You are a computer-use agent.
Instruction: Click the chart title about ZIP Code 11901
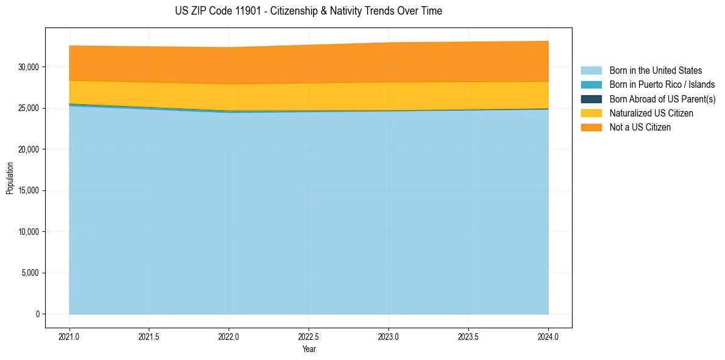tap(308, 11)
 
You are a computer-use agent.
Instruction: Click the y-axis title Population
tap(10, 178)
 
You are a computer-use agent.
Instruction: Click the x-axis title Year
tap(309, 350)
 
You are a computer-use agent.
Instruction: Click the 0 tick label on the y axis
tap(37, 314)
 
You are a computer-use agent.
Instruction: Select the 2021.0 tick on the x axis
tap(70, 336)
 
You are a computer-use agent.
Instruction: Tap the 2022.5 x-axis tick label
tap(309, 336)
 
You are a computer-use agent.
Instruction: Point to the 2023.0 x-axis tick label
tap(388, 336)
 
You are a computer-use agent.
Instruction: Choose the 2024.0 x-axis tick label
tap(548, 336)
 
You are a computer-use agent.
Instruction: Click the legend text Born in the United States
tap(655, 71)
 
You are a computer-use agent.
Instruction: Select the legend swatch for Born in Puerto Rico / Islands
tap(591, 85)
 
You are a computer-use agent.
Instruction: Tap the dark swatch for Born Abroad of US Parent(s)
tap(591, 99)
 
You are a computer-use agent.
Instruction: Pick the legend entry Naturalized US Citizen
tap(651, 113)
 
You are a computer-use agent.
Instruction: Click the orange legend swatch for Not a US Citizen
tap(591, 128)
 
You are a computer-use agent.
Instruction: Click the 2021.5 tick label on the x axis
tap(149, 336)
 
